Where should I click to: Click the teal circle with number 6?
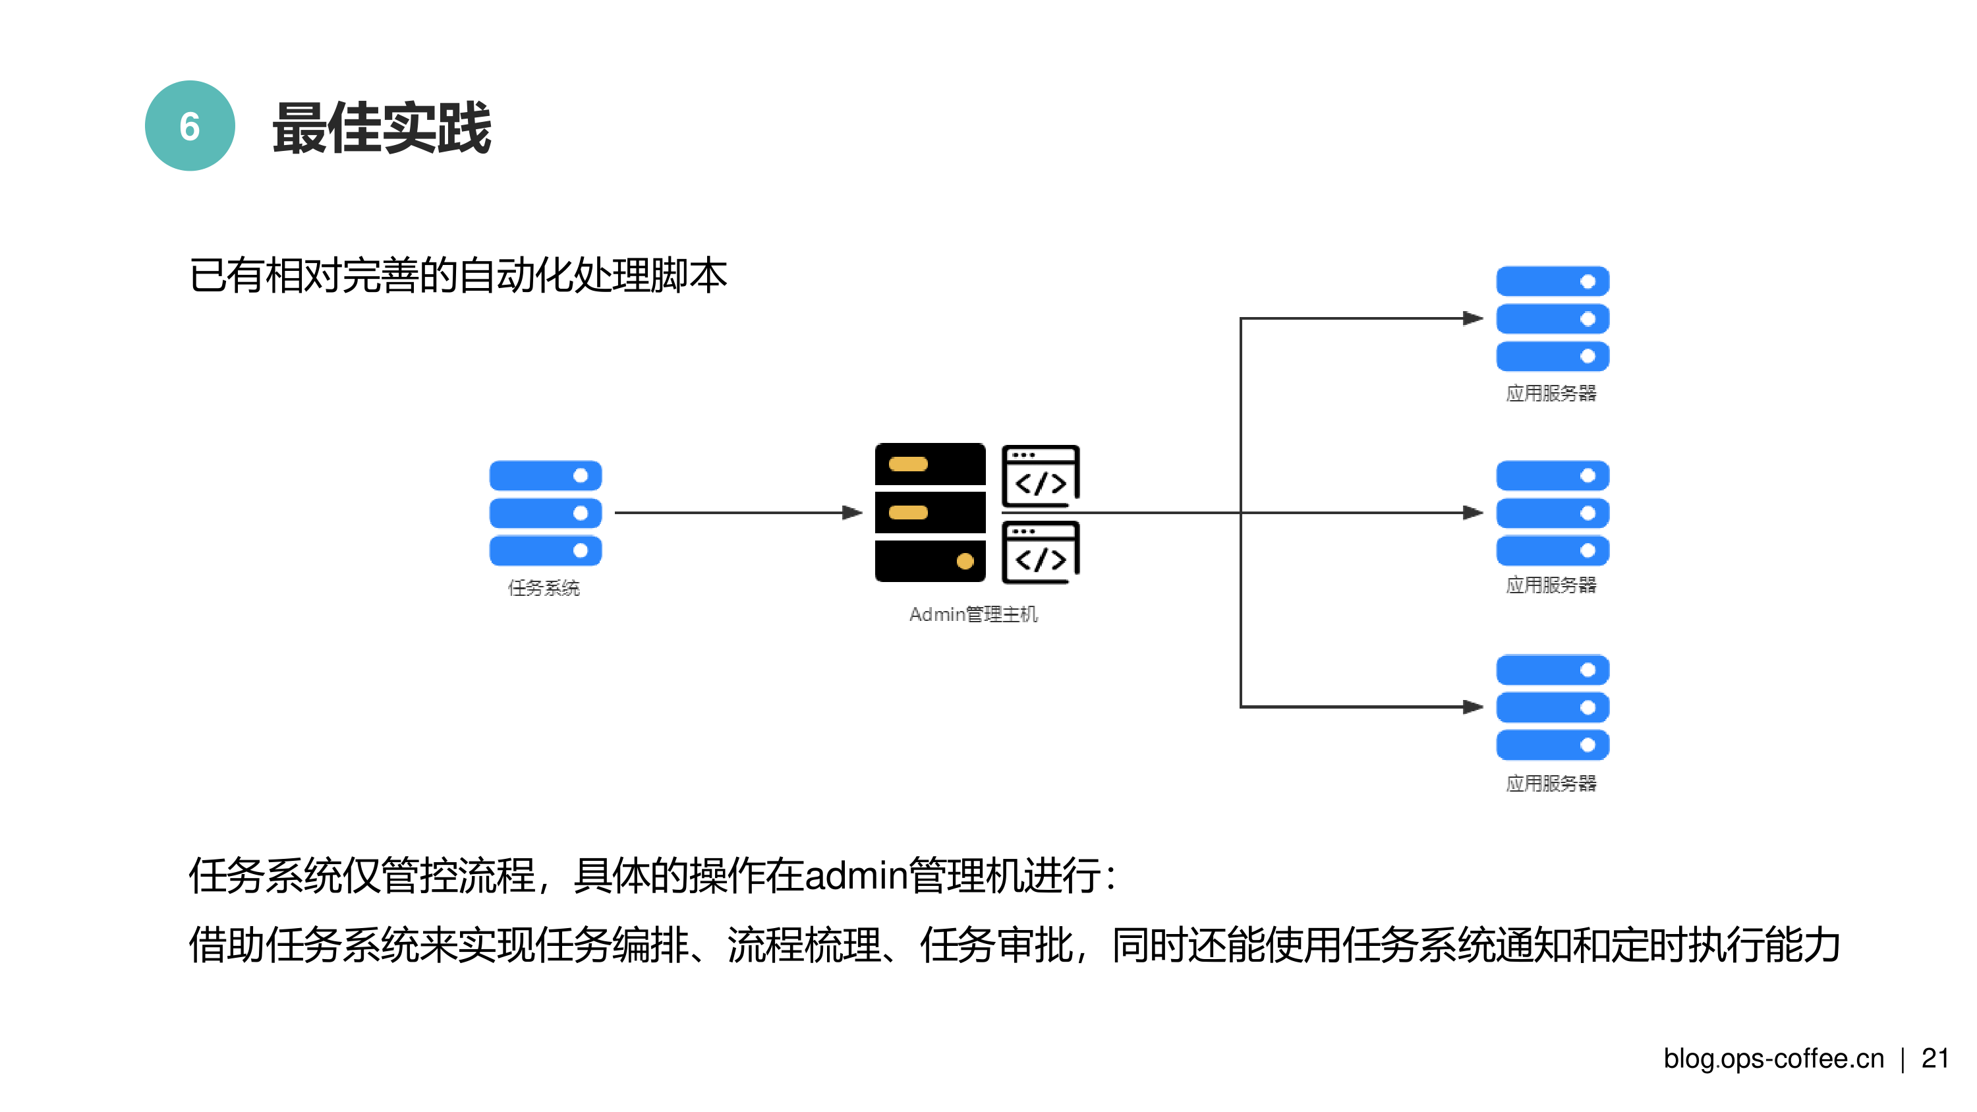coord(190,126)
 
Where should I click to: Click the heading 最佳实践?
coord(382,128)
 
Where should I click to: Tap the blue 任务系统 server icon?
coord(545,513)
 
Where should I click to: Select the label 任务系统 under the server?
coord(544,588)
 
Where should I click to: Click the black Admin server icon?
coord(929,512)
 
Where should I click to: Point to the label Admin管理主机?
coord(973,614)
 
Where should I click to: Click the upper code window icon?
coord(1040,476)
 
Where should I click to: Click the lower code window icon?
coord(1040,552)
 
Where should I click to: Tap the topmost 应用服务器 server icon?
coord(1552,318)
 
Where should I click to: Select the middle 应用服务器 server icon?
coord(1552,513)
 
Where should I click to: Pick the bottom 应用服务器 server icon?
coord(1552,707)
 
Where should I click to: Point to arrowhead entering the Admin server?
coord(853,512)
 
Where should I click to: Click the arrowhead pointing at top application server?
coord(1472,318)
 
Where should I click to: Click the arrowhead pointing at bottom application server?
coord(1472,707)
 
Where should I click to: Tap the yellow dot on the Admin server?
coord(965,561)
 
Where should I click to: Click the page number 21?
coord(1935,1059)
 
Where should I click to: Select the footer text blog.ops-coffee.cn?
coord(1773,1059)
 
